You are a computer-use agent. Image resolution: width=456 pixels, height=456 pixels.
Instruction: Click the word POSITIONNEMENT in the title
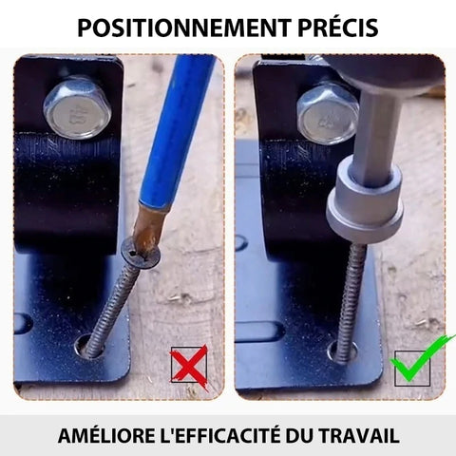pos(184,28)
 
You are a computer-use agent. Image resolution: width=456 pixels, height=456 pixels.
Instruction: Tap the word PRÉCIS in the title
pos(338,28)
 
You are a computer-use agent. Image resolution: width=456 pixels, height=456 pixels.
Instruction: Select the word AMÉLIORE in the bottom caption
pos(106,436)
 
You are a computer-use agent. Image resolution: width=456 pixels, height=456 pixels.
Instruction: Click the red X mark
pos(189,368)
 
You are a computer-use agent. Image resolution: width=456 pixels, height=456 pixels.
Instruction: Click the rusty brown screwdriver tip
pos(146,228)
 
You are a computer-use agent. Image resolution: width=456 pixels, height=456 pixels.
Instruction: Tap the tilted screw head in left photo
pos(141,254)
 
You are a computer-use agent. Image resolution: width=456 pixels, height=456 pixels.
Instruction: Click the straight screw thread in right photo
pos(349,301)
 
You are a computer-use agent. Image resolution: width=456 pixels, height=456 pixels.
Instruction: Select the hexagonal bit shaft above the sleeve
pos(376,133)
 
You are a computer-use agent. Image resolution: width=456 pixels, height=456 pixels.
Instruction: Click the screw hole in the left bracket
pos(88,347)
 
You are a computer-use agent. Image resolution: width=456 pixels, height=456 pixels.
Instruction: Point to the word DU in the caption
pos(304,436)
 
